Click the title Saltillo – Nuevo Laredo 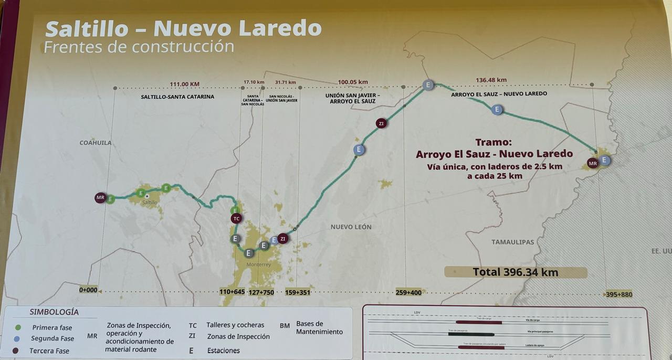183,28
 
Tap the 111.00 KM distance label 185,84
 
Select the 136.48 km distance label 491,80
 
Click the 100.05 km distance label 353,82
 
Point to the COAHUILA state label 96,143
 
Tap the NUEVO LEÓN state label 351,227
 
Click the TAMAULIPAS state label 512,242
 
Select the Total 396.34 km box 515,272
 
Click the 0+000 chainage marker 88,290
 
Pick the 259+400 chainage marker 408,292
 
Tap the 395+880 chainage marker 619,294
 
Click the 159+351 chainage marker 298,292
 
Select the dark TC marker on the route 236,218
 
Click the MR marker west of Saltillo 100,198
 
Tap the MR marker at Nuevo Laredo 593,163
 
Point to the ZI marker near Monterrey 283,239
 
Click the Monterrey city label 258,264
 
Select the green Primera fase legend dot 18,327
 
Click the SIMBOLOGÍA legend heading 54,312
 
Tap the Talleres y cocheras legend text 235,325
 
